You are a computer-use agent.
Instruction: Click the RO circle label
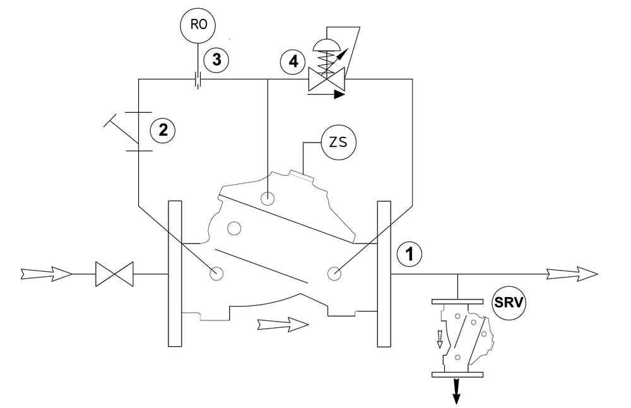[197, 25]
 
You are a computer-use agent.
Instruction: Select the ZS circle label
[338, 143]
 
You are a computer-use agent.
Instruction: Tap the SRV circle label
[509, 303]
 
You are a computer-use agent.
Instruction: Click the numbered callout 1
[410, 254]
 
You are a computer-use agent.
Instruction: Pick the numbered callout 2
[163, 131]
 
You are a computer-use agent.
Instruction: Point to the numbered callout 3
[216, 60]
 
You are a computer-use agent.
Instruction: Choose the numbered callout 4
[293, 62]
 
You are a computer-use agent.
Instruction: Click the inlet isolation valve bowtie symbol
[114, 274]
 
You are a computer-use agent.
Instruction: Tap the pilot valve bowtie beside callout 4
[326, 79]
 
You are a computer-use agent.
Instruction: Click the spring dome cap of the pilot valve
[326, 45]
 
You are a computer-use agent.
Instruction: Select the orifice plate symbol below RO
[198, 79]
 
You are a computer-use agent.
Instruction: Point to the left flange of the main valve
[175, 274]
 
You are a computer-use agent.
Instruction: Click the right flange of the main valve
[384, 274]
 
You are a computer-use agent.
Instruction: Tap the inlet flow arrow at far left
[46, 274]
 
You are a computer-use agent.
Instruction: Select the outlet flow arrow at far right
[572, 274]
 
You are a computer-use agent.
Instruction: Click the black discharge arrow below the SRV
[456, 390]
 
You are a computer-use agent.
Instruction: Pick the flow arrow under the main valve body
[283, 324]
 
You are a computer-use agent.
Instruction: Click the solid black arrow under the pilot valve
[326, 95]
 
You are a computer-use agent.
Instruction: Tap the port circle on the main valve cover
[267, 198]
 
